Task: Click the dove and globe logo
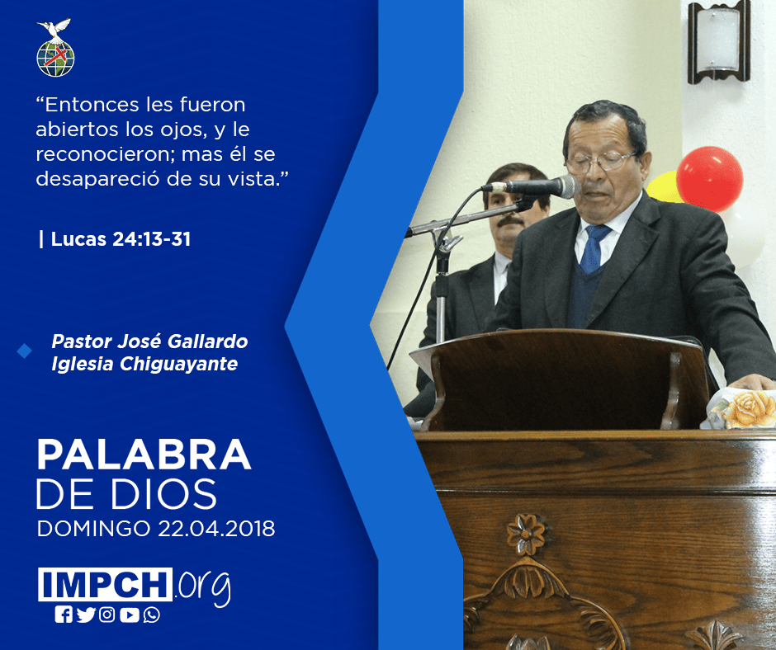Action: coord(55,48)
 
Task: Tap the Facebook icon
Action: coord(64,615)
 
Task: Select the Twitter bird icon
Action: coord(86,615)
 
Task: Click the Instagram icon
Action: coord(107,615)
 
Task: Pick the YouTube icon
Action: coord(130,615)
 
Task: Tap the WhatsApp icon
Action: coord(151,615)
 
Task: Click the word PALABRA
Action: coord(144,455)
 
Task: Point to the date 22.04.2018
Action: coord(216,529)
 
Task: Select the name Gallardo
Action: coord(207,341)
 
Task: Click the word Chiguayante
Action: coord(178,364)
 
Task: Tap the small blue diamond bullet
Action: coord(24,351)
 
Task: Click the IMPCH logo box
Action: coord(105,584)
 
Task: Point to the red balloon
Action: coord(709,179)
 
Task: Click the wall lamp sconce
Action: coord(718,42)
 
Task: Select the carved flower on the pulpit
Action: coord(526,535)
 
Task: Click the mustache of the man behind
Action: coord(510,222)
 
